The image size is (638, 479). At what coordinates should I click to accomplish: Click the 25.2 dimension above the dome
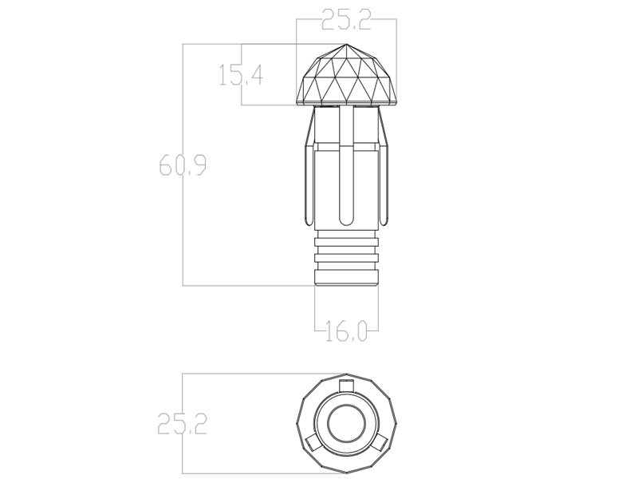[x=346, y=20]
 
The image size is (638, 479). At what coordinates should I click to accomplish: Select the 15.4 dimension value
[x=242, y=74]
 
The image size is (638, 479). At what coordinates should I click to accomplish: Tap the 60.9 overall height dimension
[x=183, y=164]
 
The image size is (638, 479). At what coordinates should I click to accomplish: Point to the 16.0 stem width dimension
[x=346, y=331]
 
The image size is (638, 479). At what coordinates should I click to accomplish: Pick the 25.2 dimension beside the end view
[x=183, y=424]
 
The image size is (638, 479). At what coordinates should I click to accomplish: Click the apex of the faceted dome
[x=346, y=44]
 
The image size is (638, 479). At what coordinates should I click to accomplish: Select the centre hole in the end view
[x=346, y=424]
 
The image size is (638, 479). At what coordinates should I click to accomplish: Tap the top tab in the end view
[x=346, y=385]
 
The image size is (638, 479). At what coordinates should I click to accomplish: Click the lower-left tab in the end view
[x=313, y=443]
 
